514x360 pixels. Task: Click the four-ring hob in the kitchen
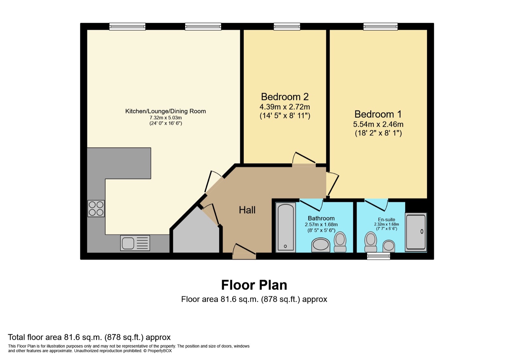pos(96,209)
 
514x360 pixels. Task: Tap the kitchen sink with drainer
pos(135,243)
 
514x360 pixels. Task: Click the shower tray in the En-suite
pos(416,232)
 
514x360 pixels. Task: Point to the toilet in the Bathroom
pos(340,242)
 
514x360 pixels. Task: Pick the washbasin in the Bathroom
pos(321,245)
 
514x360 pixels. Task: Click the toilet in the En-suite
pos(371,242)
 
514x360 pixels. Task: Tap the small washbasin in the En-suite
pos(389,246)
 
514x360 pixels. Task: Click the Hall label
pos(247,210)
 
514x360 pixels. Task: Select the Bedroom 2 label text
pos(285,97)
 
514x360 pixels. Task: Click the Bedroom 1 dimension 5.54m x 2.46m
pos(378,124)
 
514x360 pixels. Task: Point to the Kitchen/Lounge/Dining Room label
pos(165,111)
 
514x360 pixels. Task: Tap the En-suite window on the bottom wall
pos(378,256)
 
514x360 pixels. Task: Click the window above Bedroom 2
pos(287,26)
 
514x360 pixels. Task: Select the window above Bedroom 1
pos(380,26)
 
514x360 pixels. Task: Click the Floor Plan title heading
pos(254,285)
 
